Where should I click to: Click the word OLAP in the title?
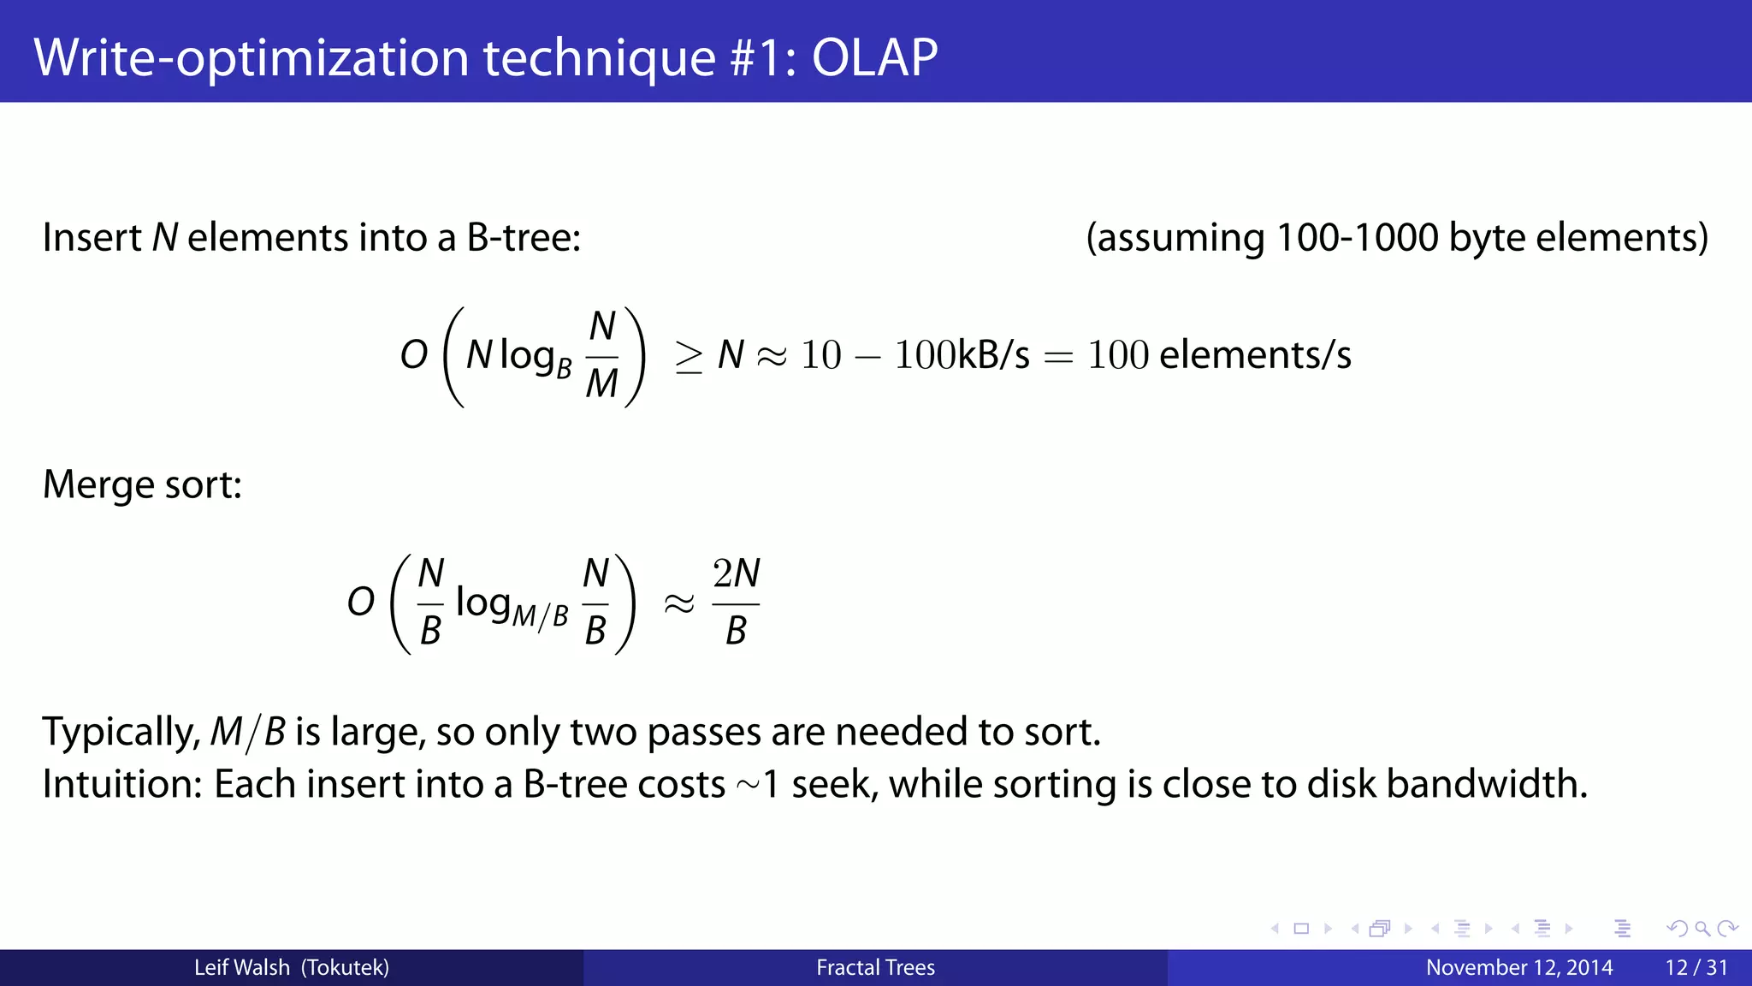pyautogui.click(x=874, y=57)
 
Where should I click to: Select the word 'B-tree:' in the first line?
pyautogui.click(x=524, y=238)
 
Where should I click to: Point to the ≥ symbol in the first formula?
pyautogui.click(x=689, y=356)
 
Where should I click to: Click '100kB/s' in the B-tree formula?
pyautogui.click(x=962, y=354)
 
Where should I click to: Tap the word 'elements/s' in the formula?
pyautogui.click(x=1255, y=354)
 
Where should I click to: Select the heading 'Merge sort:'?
pyautogui.click(x=143, y=484)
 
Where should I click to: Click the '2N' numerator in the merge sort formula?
pyautogui.click(x=736, y=573)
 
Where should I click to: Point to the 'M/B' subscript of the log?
pyautogui.click(x=540, y=616)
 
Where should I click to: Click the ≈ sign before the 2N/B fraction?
pyautogui.click(x=679, y=604)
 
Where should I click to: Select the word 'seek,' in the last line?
pyautogui.click(x=835, y=784)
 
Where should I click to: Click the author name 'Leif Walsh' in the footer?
pyautogui.click(x=242, y=968)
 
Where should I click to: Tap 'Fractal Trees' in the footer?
pyautogui.click(x=875, y=968)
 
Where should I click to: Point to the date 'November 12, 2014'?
pyautogui.click(x=1519, y=968)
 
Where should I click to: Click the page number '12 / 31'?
pyautogui.click(x=1696, y=968)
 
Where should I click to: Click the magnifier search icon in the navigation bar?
pyautogui.click(x=1702, y=929)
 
